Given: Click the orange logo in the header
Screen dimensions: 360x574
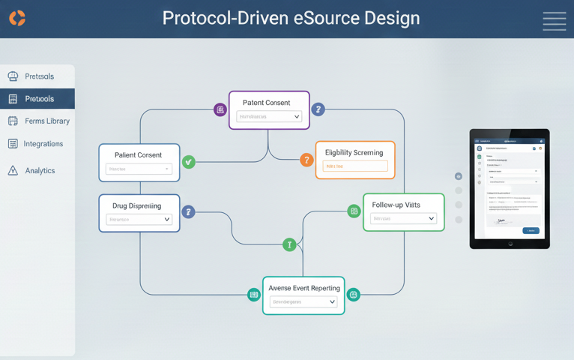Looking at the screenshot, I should pyautogui.click(x=17, y=18).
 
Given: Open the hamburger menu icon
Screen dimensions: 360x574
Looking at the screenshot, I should pyautogui.click(x=554, y=21).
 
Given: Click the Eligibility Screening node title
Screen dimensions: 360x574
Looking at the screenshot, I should pyautogui.click(x=354, y=152).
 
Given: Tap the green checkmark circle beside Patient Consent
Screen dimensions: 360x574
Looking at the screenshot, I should pyautogui.click(x=189, y=160).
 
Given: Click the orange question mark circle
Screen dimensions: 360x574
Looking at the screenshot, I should pyautogui.click(x=306, y=160).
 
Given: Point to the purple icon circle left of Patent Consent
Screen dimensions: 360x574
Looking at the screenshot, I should pyautogui.click(x=220, y=109).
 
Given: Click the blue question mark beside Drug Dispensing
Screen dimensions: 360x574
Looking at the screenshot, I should pyautogui.click(x=189, y=212).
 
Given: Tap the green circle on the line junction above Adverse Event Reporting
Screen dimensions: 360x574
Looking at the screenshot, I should pyautogui.click(x=289, y=244).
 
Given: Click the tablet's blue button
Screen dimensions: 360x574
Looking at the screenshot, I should pyautogui.click(x=531, y=230).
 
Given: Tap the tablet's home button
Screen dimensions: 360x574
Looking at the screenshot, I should pyautogui.click(x=510, y=244).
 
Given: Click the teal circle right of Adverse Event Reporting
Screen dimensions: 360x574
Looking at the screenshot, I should pyautogui.click(x=354, y=295).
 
